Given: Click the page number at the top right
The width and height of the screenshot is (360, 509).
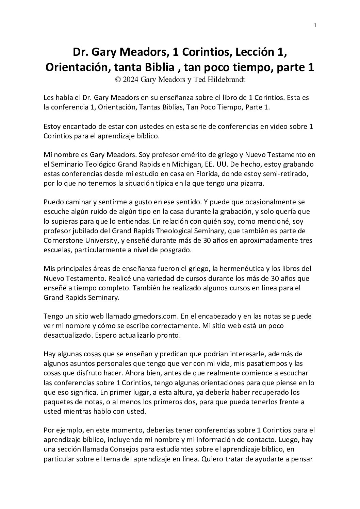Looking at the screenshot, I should point(315,25).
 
